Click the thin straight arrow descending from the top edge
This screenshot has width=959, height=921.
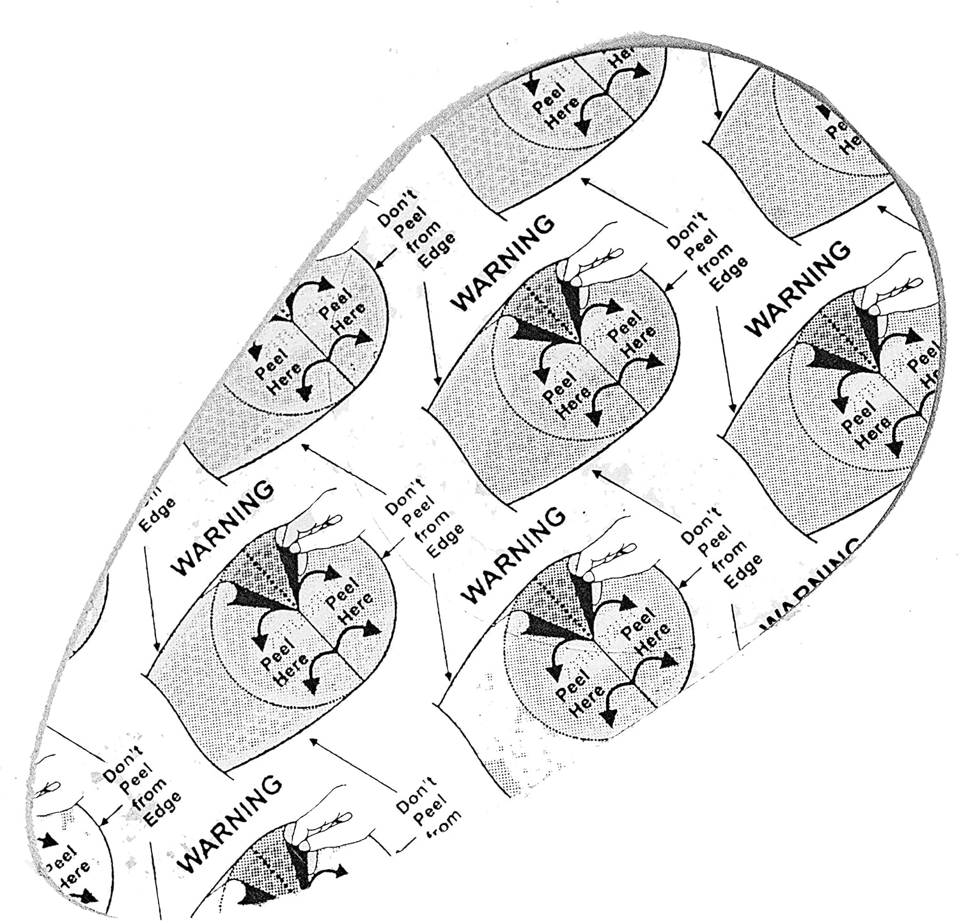[713, 83]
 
